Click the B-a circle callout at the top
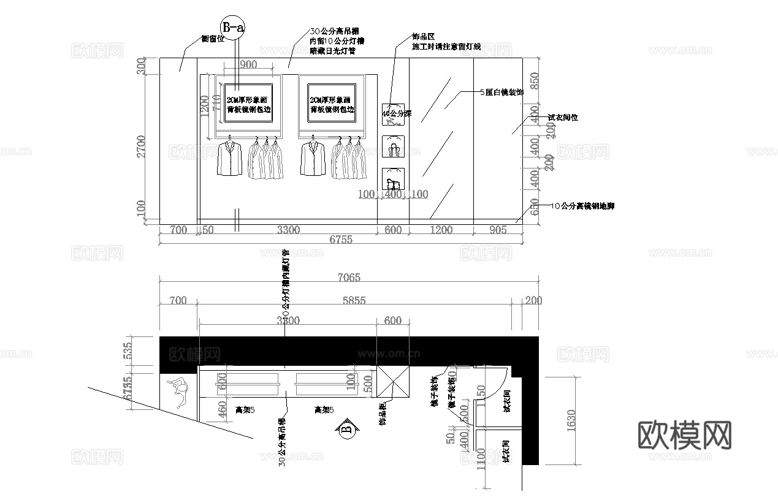pyautogui.click(x=233, y=28)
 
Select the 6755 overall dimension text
pyautogui.click(x=340, y=240)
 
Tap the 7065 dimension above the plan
pyautogui.click(x=348, y=278)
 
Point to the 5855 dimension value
pyautogui.click(x=355, y=300)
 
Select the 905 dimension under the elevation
pyautogui.click(x=498, y=230)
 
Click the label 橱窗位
pyautogui.click(x=214, y=39)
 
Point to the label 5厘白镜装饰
pyautogui.click(x=501, y=93)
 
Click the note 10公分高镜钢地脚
pyautogui.click(x=583, y=206)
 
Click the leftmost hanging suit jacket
pyautogui.click(x=229, y=159)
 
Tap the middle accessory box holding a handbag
pyautogui.click(x=392, y=147)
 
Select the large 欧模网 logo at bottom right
pyautogui.click(x=685, y=436)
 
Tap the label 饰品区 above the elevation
pyautogui.click(x=422, y=37)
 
